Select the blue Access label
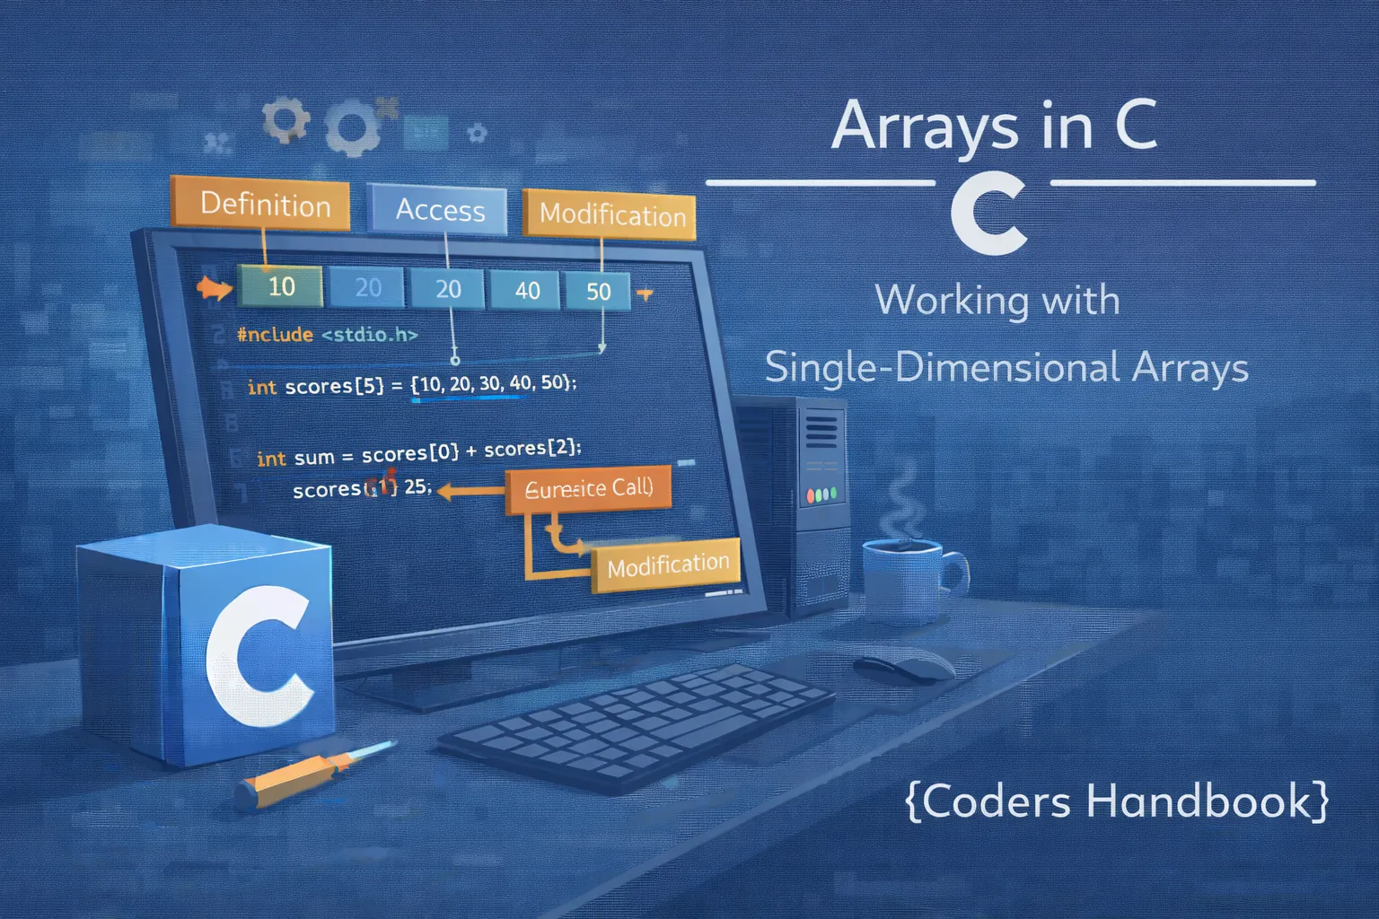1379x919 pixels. coord(439,210)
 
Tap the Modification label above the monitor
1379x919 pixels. coord(611,215)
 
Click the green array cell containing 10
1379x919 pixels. coord(280,286)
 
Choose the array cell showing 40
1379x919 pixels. coord(527,290)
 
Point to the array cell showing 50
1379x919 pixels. coord(598,291)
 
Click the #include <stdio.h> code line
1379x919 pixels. coord(327,335)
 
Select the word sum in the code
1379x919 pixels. coord(313,458)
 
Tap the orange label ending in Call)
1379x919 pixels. coord(588,489)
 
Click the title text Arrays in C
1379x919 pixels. coord(994,127)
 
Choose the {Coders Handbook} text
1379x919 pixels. coord(1117,801)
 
